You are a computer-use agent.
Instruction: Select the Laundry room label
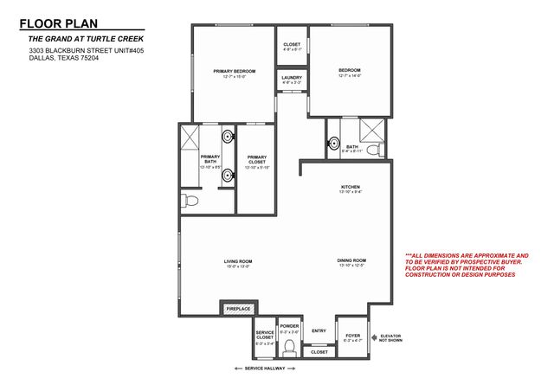click(292, 79)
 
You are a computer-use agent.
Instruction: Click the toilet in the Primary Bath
click(191, 200)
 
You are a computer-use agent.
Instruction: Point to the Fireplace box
click(238, 308)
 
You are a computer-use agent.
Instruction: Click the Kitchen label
click(350, 187)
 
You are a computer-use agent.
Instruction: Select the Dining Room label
click(351, 260)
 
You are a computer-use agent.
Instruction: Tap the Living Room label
click(238, 260)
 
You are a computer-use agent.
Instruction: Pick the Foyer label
click(352, 335)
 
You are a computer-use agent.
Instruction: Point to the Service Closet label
click(265, 336)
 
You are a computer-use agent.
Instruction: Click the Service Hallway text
click(265, 369)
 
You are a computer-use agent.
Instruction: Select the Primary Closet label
click(257, 160)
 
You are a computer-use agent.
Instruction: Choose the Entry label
click(319, 330)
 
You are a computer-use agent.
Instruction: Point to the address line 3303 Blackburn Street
click(79, 51)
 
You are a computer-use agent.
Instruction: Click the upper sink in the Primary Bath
click(227, 136)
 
